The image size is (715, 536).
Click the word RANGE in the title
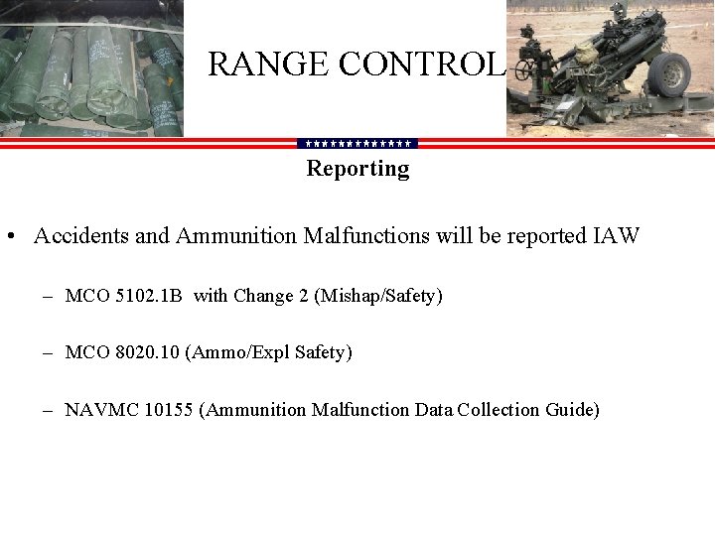coord(268,65)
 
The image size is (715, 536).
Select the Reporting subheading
coord(357,169)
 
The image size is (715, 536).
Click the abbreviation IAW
coord(617,236)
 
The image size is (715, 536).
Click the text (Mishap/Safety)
coord(378,296)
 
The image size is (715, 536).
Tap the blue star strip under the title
coord(357,143)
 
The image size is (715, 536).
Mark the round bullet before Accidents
coord(9,237)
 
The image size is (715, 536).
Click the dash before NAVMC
coord(48,410)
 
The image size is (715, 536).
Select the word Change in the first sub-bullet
coord(264,296)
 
